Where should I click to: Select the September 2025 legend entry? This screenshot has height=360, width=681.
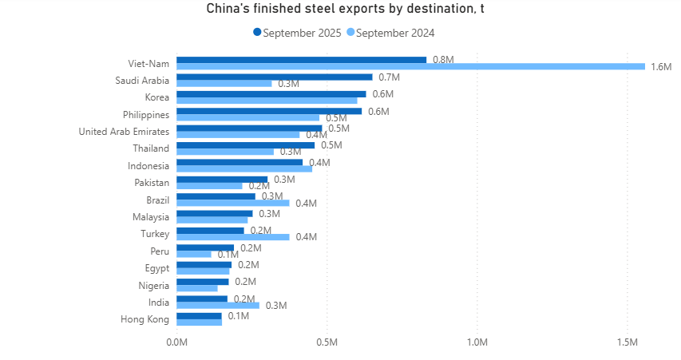click(x=297, y=33)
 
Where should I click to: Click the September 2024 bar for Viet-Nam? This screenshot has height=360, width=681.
click(x=410, y=66)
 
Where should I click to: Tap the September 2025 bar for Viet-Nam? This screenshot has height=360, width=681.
click(x=301, y=60)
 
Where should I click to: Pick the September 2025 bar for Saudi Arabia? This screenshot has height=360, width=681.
click(x=274, y=77)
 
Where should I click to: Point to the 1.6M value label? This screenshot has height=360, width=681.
click(x=661, y=66)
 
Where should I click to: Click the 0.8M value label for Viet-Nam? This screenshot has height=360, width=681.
click(x=443, y=60)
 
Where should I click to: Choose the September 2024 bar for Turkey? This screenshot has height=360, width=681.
click(x=232, y=237)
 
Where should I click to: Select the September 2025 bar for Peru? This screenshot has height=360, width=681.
click(x=204, y=247)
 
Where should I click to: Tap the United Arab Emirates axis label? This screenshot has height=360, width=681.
click(x=124, y=132)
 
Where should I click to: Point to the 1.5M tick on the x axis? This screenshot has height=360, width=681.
click(x=628, y=342)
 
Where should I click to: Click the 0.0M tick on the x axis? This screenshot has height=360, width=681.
click(x=176, y=342)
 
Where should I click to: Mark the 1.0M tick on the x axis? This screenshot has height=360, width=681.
click(x=477, y=342)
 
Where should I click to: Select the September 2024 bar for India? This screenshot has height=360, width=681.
click(x=217, y=305)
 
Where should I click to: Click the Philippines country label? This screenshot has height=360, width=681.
click(x=146, y=115)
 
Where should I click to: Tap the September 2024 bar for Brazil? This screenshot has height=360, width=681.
click(x=232, y=203)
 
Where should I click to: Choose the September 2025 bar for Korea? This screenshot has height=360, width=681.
click(x=271, y=94)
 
